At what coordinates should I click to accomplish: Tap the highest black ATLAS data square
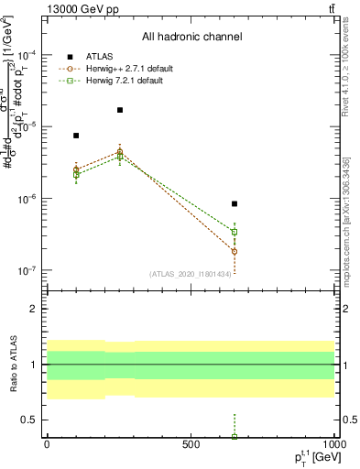click(x=120, y=110)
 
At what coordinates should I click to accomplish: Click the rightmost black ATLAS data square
click(x=235, y=203)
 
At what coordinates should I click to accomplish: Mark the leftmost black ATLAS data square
click(x=76, y=136)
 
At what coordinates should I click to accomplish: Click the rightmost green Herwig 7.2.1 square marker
click(x=235, y=232)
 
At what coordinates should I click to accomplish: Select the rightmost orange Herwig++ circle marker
click(x=235, y=251)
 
